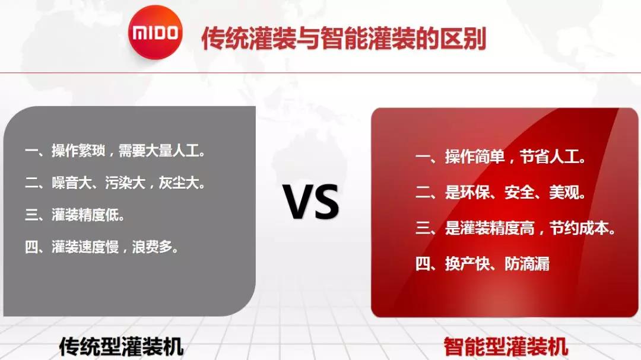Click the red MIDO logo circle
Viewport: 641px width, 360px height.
(x=156, y=32)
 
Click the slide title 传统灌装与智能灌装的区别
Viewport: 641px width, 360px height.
(x=344, y=39)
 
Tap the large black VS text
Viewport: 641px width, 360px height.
(x=312, y=202)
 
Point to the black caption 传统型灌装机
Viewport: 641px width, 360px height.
(x=121, y=346)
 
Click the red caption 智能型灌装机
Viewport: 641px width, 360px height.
(x=506, y=346)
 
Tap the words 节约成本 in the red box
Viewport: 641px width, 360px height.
(x=580, y=228)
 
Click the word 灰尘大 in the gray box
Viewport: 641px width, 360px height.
(x=179, y=183)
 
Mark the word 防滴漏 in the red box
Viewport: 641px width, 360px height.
(x=528, y=263)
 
